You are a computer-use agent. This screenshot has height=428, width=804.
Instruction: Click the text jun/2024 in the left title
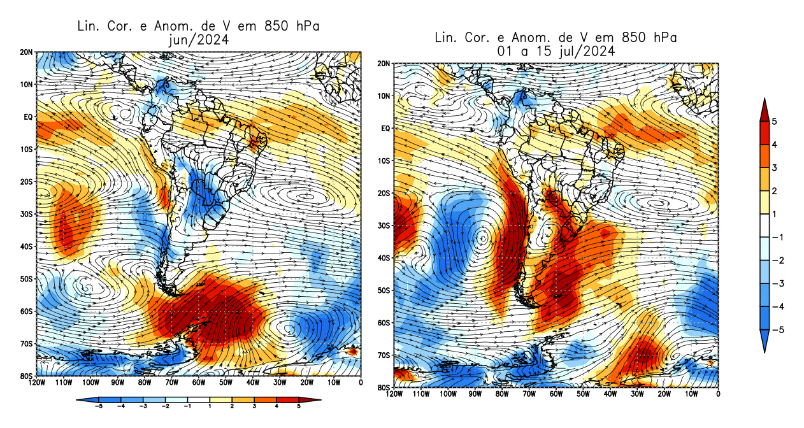pyautogui.click(x=197, y=39)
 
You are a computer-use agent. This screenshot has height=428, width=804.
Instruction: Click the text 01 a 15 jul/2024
pyautogui.click(x=556, y=51)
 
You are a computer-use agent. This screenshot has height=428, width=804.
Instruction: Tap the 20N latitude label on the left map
pyautogui.click(x=26, y=52)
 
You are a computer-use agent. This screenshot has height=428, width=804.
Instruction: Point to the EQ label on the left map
pyautogui.click(x=27, y=117)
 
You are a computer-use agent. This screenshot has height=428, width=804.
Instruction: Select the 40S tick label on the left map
pyautogui.click(x=26, y=246)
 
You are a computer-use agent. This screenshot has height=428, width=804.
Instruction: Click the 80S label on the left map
pyautogui.click(x=26, y=376)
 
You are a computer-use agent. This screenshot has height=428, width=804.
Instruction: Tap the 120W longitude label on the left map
pyautogui.click(x=37, y=383)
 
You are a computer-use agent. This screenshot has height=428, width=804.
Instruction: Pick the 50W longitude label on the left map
pyautogui.click(x=226, y=383)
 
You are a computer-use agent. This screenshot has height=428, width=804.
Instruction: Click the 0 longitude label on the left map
pyautogui.click(x=361, y=383)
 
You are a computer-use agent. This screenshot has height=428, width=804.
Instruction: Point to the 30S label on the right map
pyautogui.click(x=385, y=225)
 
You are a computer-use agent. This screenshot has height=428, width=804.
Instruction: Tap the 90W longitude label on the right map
pyautogui.click(x=475, y=394)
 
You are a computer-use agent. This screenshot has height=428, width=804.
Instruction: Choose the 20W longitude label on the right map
pyautogui.click(x=664, y=394)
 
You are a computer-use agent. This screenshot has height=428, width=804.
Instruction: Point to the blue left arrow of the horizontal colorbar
pyautogui.click(x=82, y=400)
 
